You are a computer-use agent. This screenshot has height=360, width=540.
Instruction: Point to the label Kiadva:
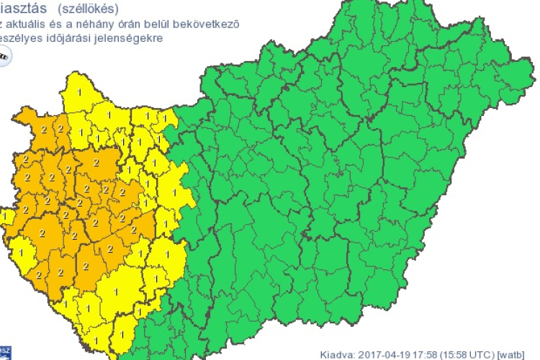pyautogui.click(x=336, y=354)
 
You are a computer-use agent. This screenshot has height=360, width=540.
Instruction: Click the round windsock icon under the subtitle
pyautogui.click(x=4, y=56)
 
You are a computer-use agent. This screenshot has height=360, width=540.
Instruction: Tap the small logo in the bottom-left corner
pyautogui.click(x=4, y=351)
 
